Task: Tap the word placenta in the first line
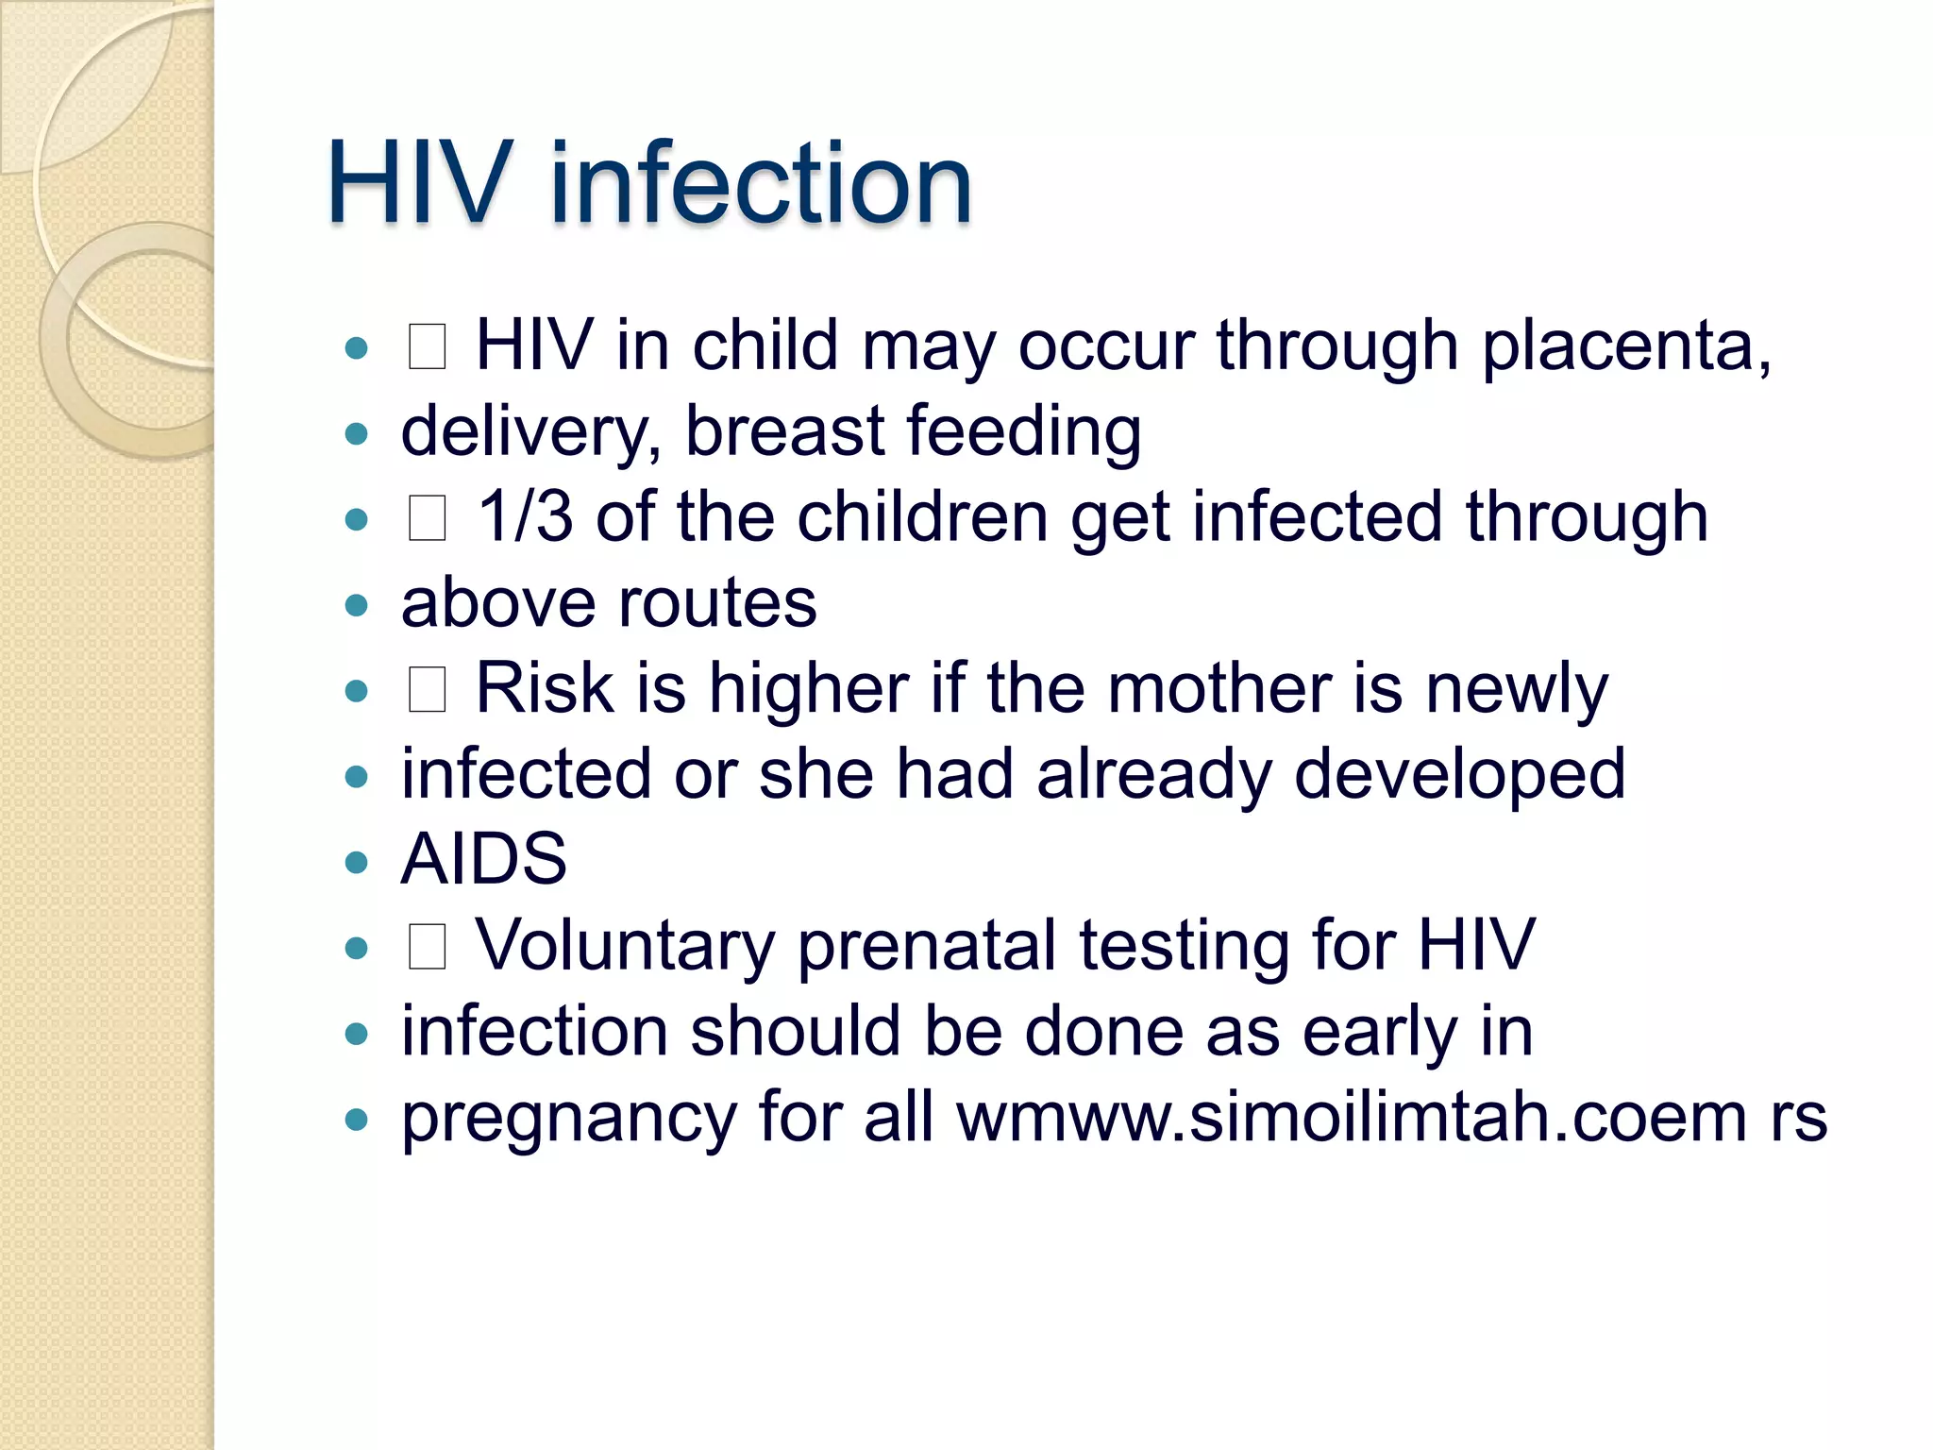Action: [1625, 347]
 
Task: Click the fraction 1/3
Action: [525, 517]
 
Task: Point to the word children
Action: [922, 517]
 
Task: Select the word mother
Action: [1219, 688]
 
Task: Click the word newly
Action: [1516, 690]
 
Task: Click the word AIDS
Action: [484, 860]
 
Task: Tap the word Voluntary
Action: [624, 946]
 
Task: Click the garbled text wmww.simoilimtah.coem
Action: [1352, 1118]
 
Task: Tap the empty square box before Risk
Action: [427, 690]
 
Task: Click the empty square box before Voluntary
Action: [427, 947]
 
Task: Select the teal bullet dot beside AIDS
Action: [356, 862]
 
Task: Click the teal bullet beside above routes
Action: [356, 605]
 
